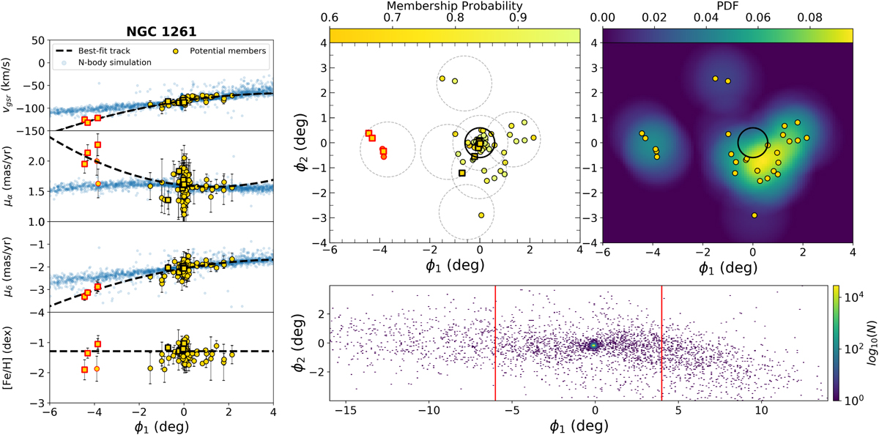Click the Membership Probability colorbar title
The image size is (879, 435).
454,7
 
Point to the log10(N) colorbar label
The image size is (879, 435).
872,346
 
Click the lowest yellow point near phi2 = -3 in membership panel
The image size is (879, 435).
481,215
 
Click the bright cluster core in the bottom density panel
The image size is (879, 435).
594,345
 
